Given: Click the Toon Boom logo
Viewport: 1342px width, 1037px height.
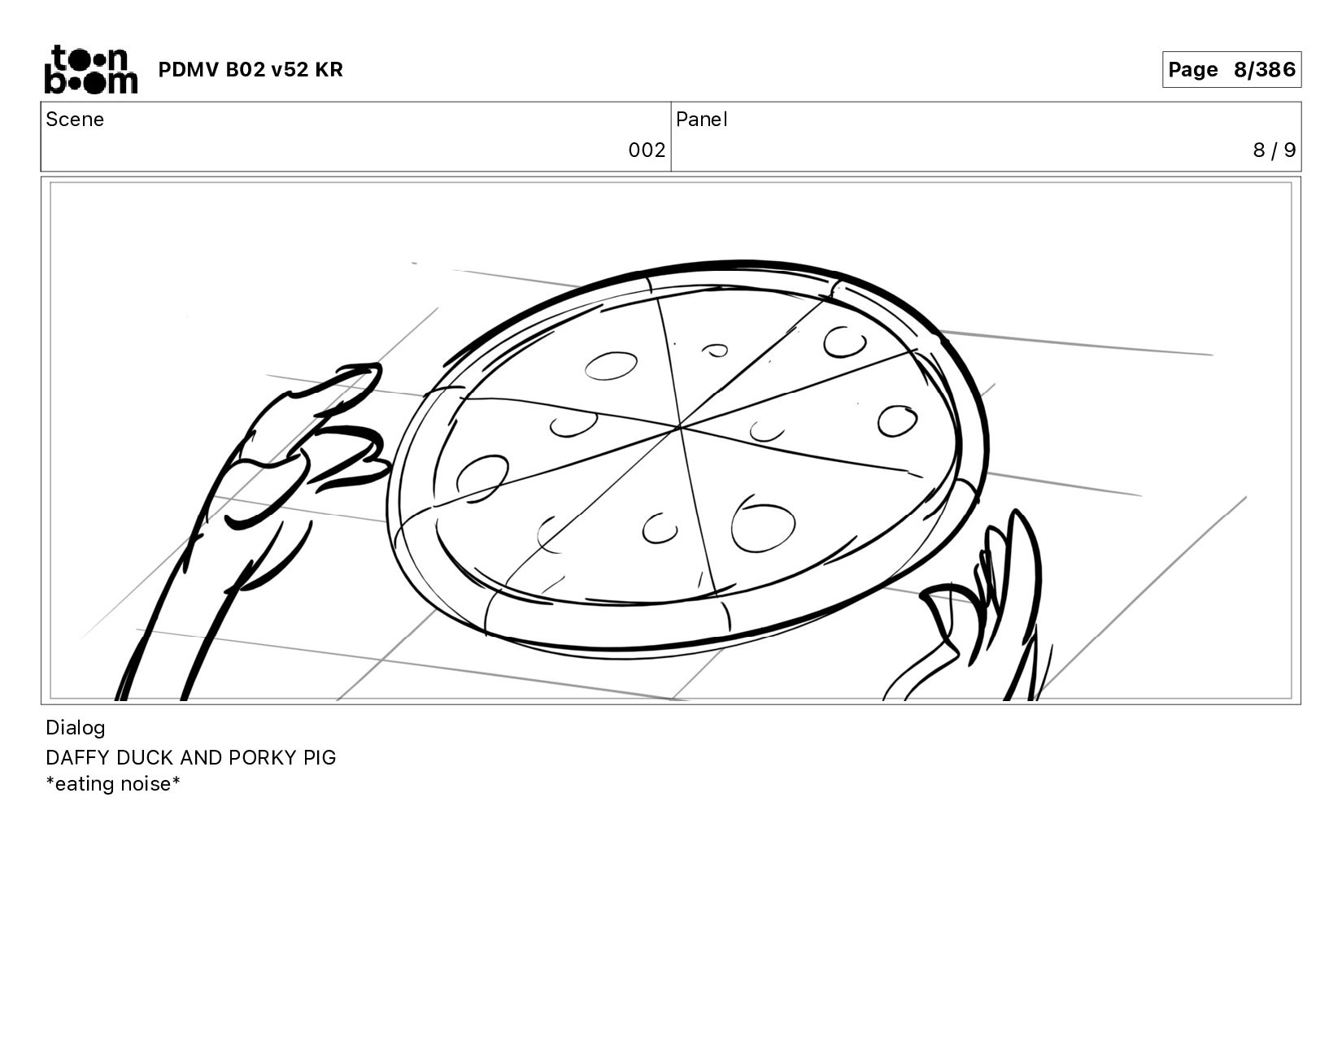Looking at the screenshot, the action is pyautogui.click(x=91, y=70).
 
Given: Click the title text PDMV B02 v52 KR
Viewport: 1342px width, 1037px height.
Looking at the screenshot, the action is pyautogui.click(x=251, y=70).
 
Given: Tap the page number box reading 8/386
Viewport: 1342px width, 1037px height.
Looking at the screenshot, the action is pyautogui.click(x=1231, y=70).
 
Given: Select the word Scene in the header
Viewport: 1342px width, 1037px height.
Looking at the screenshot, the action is pyautogui.click(x=75, y=120).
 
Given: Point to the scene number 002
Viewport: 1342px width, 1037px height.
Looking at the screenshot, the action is pyautogui.click(x=647, y=150).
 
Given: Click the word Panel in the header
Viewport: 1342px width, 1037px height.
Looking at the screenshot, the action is pyautogui.click(x=702, y=120).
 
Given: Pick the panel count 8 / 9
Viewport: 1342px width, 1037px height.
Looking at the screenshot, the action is pyautogui.click(x=1274, y=150).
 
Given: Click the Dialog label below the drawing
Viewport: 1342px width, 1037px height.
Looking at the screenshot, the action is pyautogui.click(x=76, y=728).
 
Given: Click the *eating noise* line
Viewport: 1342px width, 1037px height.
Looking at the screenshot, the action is pyautogui.click(x=113, y=784).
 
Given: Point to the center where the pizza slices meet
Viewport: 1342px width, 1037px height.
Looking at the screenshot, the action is pyautogui.click(x=678, y=427).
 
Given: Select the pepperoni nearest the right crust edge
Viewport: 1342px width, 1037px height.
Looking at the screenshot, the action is pyautogui.click(x=897, y=421).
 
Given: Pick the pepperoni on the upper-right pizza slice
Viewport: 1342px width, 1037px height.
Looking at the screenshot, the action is pyautogui.click(x=844, y=342).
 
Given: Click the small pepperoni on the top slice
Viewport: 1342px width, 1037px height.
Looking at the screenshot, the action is pyautogui.click(x=715, y=351).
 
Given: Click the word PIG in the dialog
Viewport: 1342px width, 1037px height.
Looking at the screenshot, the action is pyautogui.click(x=320, y=757).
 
